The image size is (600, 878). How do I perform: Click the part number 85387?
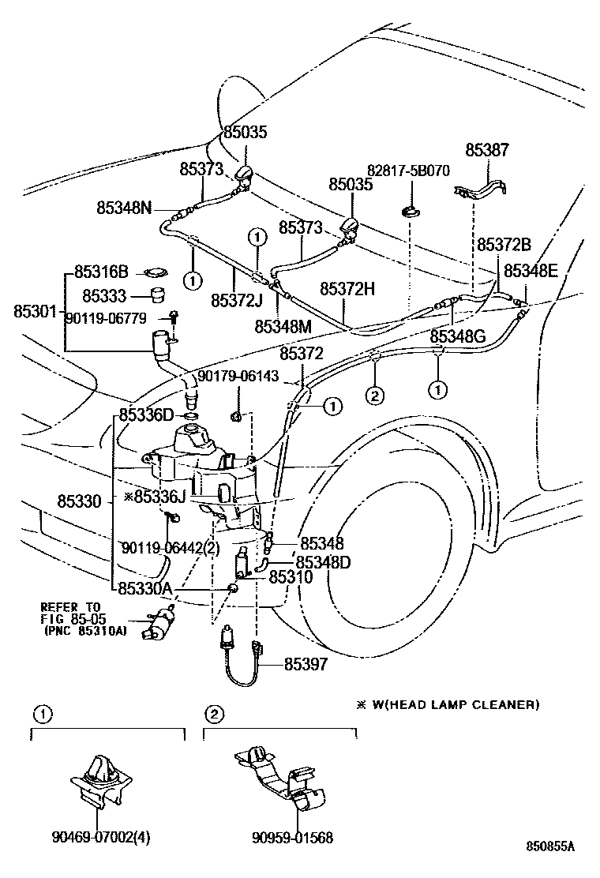click(487, 150)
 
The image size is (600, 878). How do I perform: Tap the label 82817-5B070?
click(408, 171)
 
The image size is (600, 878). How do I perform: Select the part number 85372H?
click(347, 289)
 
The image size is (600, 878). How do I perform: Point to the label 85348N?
click(124, 208)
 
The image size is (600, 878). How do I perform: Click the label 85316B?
click(100, 272)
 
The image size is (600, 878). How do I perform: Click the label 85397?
click(306, 665)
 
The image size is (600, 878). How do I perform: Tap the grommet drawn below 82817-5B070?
click(409, 211)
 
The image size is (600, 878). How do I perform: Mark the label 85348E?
click(531, 271)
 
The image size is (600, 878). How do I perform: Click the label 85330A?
click(147, 588)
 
